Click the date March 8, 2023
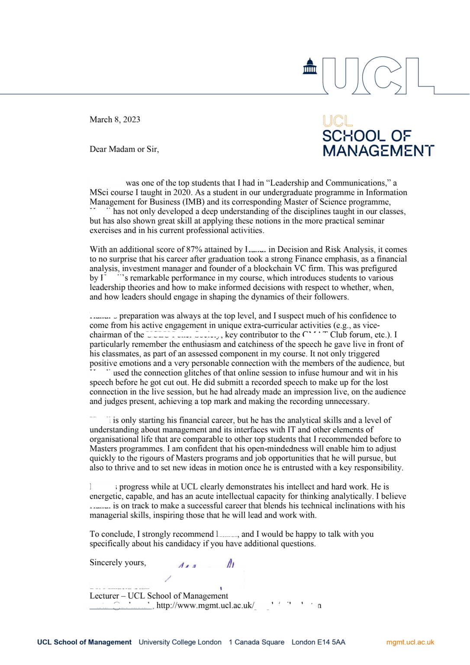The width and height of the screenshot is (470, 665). point(115,119)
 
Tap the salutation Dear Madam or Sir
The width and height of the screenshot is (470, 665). point(124,149)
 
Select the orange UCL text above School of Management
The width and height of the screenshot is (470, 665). point(338,121)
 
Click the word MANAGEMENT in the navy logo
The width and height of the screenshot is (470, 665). point(378,151)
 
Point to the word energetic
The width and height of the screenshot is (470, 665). point(106,496)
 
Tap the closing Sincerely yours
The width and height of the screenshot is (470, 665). point(118,562)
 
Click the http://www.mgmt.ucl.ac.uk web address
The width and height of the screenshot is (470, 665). point(205,605)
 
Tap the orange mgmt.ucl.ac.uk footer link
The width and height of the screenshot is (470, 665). point(410,642)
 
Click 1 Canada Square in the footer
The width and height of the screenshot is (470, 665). point(257,642)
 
